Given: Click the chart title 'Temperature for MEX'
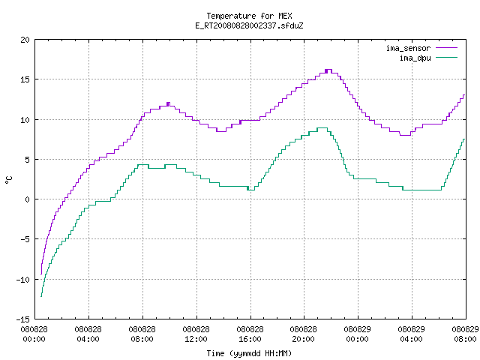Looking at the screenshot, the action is pyautogui.click(x=249, y=16).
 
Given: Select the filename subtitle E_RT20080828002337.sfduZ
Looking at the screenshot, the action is pyautogui.click(x=249, y=25).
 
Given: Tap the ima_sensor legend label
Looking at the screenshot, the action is pyautogui.click(x=408, y=48).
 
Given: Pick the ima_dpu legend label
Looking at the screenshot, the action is pyautogui.click(x=415, y=58).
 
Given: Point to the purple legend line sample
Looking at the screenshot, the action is pyautogui.click(x=447, y=48).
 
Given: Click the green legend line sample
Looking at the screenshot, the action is pyautogui.click(x=447, y=57).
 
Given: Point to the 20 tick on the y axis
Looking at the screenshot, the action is pyautogui.click(x=25, y=40).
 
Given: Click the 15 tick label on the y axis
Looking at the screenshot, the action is pyautogui.click(x=25, y=79).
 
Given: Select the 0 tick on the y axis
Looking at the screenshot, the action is pyautogui.click(x=27, y=199).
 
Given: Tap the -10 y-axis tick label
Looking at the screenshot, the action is pyautogui.click(x=23, y=280).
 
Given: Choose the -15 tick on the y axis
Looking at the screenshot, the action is pyautogui.click(x=23, y=319).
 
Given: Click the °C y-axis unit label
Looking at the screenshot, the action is pyautogui.click(x=8, y=180).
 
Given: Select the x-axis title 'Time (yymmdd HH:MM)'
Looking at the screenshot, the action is pyautogui.click(x=249, y=353).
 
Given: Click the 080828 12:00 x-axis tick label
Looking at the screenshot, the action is pyautogui.click(x=196, y=334).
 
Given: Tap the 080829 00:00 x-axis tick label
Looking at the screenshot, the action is pyautogui.click(x=357, y=334).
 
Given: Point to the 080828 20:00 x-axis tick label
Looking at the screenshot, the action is pyautogui.click(x=303, y=334).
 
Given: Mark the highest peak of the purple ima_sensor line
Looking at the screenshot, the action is pyautogui.click(x=328, y=70).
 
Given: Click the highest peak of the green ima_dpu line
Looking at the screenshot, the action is pyautogui.click(x=322, y=128).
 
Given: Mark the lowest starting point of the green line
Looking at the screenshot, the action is pyautogui.click(x=41, y=296).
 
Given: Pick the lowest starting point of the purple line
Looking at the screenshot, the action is pyautogui.click(x=41, y=274).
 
